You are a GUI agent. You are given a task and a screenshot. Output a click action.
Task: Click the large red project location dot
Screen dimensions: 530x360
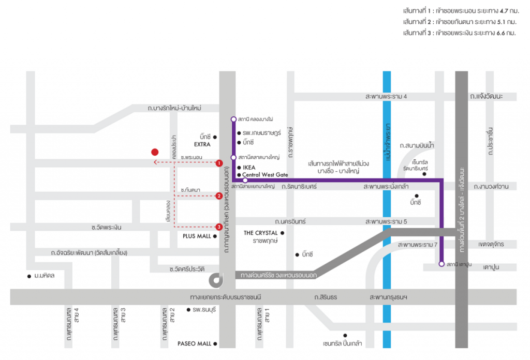[155, 152]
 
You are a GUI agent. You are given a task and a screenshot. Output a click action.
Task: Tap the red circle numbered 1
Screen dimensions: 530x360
[219, 163]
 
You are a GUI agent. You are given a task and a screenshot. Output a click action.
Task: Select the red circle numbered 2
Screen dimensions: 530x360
[219, 196]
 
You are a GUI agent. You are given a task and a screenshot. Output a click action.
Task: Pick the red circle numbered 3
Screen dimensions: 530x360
[219, 227]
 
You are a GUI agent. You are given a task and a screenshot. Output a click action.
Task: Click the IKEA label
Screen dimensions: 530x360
[249, 168]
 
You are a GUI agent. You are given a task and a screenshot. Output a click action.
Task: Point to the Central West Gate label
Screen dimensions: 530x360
[265, 175]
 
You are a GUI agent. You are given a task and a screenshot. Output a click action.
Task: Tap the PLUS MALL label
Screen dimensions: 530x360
[197, 236]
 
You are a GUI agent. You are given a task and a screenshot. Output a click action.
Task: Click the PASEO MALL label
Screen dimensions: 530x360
[195, 343]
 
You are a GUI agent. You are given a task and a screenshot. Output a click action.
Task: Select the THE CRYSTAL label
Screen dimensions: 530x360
[261, 233]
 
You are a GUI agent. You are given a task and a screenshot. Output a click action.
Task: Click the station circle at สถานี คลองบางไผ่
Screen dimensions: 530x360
[233, 119]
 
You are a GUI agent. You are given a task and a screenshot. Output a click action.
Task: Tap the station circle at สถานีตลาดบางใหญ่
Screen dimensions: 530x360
[233, 157]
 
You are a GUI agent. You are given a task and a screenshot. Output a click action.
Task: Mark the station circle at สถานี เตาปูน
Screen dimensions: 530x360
[441, 264]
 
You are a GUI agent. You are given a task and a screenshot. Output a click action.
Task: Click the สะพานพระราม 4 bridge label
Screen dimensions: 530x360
[386, 97]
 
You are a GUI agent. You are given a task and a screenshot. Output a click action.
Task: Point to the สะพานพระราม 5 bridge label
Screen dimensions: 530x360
[386, 221]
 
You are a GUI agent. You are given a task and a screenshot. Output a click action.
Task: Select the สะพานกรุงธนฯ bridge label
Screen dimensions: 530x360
[388, 297]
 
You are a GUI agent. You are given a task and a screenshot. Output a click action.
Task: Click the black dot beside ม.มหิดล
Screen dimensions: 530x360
[29, 276]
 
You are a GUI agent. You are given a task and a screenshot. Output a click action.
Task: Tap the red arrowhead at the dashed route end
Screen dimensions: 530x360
[155, 162]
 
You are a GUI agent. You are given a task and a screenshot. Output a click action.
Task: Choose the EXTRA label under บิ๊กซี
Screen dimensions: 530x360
[202, 144]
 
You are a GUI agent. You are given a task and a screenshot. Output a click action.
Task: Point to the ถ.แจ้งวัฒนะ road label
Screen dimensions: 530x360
[486, 96]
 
